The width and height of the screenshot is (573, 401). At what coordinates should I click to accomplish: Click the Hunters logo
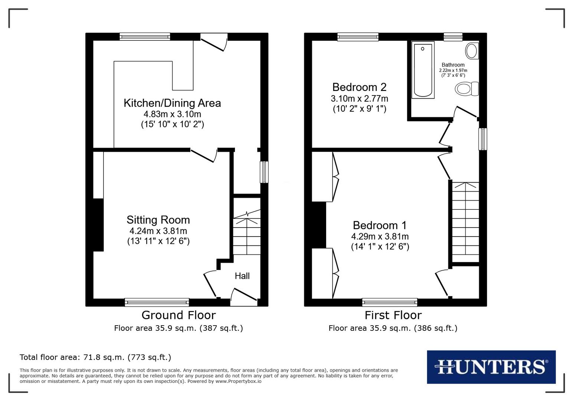click(491, 367)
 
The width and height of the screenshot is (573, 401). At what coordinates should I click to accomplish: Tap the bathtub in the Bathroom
click(423, 70)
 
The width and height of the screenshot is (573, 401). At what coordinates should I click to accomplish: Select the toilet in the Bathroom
click(466, 89)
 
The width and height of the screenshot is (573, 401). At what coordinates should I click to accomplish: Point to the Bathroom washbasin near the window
click(472, 50)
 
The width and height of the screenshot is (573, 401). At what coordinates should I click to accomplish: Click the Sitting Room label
click(158, 220)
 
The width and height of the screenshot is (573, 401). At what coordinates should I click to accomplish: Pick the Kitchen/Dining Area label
click(172, 103)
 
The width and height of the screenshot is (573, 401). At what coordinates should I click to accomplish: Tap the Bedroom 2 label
click(359, 87)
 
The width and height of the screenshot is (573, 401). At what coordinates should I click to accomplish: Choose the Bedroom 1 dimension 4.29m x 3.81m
click(380, 236)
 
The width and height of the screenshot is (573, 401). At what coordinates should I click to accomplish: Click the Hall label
click(242, 276)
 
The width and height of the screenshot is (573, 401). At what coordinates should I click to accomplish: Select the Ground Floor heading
click(179, 315)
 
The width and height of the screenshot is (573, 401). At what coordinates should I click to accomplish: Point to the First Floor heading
click(393, 315)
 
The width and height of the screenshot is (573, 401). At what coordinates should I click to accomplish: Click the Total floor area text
click(95, 357)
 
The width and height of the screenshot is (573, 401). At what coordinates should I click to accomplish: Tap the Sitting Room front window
click(157, 302)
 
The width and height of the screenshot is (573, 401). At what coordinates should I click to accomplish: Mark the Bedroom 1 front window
click(389, 302)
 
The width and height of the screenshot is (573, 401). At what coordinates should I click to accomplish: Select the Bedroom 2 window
click(358, 36)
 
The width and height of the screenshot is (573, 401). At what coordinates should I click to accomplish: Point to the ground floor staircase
click(246, 234)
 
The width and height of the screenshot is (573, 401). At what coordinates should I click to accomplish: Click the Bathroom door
click(466, 113)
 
